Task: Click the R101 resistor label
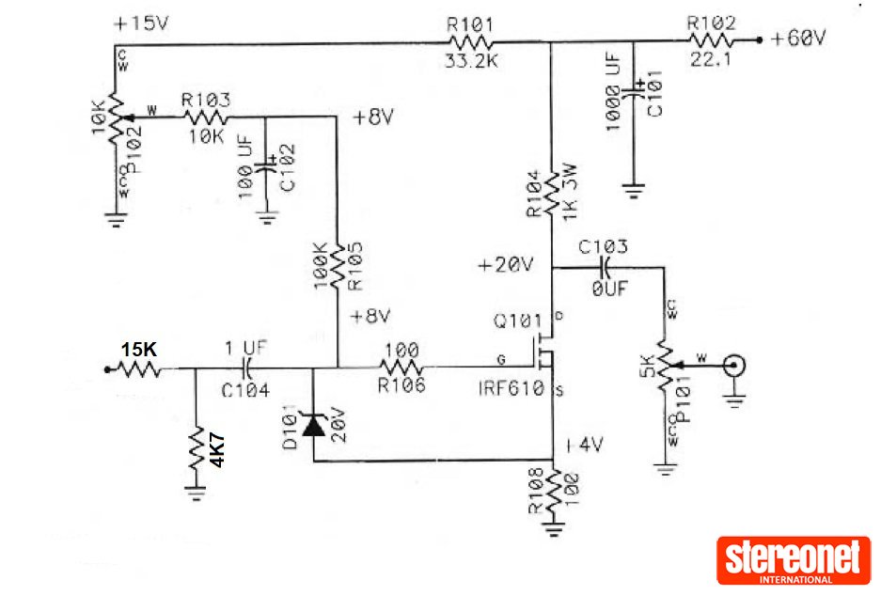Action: coord(470,23)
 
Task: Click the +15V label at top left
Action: coord(141,23)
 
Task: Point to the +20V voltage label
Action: coord(505,265)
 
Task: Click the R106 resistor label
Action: coord(402,384)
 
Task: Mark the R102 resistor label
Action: coord(711,22)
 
